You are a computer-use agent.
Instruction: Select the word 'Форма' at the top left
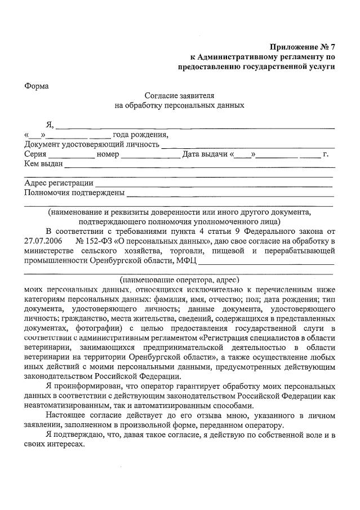click(37, 86)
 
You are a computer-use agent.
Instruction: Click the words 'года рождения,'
click(140, 135)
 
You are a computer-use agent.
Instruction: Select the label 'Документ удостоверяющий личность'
click(92, 144)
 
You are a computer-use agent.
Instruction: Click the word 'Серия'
click(35, 154)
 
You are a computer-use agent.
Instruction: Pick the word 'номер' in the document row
click(108, 154)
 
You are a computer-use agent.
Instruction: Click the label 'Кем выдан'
click(43, 164)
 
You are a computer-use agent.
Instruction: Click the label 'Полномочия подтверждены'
click(74, 193)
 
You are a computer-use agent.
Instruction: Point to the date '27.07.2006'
click(45, 241)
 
